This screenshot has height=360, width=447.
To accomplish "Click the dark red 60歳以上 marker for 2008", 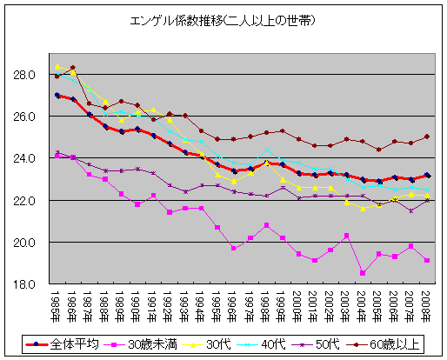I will point(426,137).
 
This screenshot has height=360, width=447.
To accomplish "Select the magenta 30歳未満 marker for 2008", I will point(426,260).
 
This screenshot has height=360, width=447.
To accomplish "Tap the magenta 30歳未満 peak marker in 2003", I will point(346,236).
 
